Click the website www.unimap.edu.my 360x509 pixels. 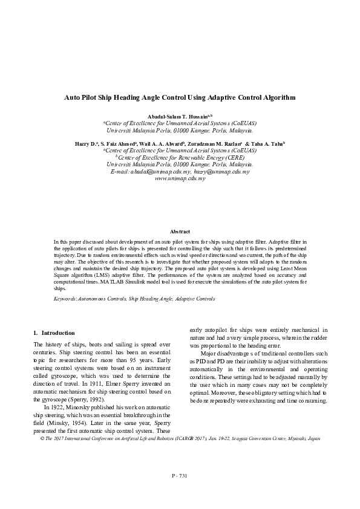[x=180, y=180]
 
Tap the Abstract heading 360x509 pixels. [x=180, y=232]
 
